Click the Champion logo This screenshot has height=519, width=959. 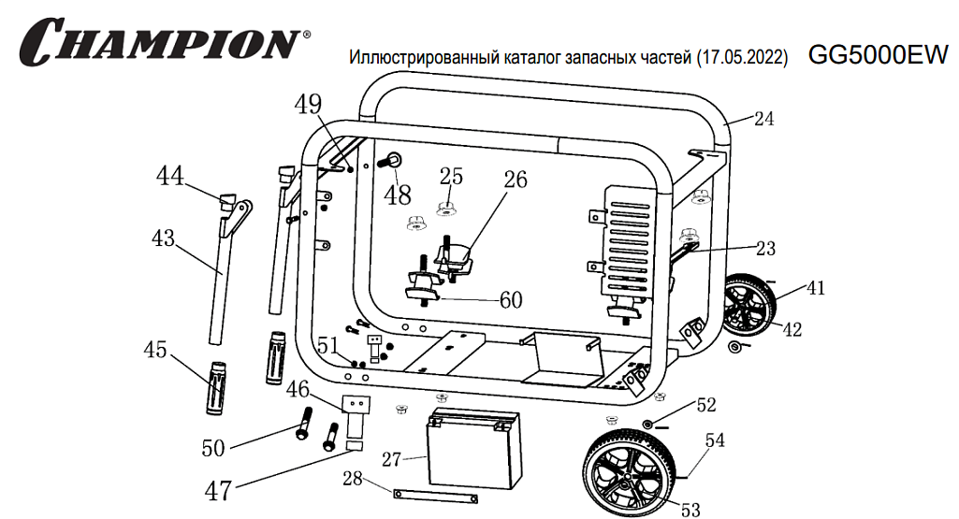pos(164,42)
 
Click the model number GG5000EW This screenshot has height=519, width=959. pos(878,54)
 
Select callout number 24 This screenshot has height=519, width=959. pos(763,119)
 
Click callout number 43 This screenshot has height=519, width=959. pos(163,238)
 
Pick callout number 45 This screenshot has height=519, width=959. pos(154,350)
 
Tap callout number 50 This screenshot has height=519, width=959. pos(213,448)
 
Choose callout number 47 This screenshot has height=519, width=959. pos(218,490)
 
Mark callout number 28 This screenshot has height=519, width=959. pos(352,480)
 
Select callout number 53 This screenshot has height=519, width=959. pos(690,509)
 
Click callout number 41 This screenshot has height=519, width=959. pos(816,288)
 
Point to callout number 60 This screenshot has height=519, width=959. pos(511,300)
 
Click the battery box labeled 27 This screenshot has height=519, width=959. pos(472,449)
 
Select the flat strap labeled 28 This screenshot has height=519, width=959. pos(435,496)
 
